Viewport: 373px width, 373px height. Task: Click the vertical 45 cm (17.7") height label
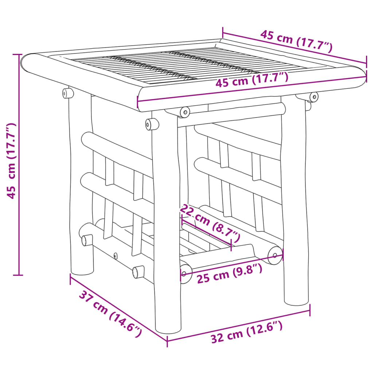point(12,161)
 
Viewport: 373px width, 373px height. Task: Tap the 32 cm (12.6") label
point(247,333)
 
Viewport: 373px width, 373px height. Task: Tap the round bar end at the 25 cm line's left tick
point(185,273)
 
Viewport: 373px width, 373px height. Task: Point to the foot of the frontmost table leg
point(168,328)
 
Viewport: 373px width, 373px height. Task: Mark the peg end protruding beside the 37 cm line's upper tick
point(86,240)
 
